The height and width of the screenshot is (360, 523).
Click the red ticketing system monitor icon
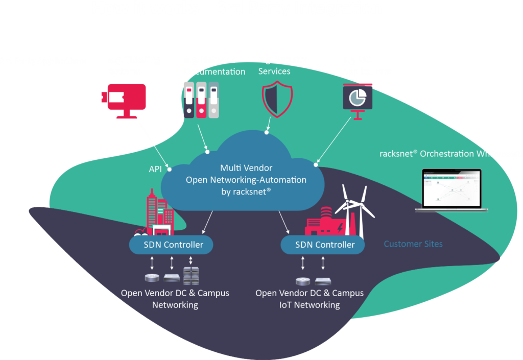[x=124, y=100]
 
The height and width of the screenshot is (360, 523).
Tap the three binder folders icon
[x=201, y=100]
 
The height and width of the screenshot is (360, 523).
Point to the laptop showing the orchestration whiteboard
[x=451, y=190]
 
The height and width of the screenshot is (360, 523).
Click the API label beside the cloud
[x=155, y=168]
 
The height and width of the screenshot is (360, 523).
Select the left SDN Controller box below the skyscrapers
[x=171, y=245]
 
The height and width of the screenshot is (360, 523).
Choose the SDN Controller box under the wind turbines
[x=323, y=245]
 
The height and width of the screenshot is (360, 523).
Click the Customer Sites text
[x=413, y=244]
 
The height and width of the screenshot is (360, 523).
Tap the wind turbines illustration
[x=355, y=209]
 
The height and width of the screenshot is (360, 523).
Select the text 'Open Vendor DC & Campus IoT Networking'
[x=310, y=299]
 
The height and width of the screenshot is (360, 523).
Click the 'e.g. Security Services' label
[x=282, y=65]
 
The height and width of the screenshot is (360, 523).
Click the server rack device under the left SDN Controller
[x=191, y=276]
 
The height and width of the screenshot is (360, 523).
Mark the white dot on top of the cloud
[x=266, y=132]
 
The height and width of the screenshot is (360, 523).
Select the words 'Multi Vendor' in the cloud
[x=246, y=167]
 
